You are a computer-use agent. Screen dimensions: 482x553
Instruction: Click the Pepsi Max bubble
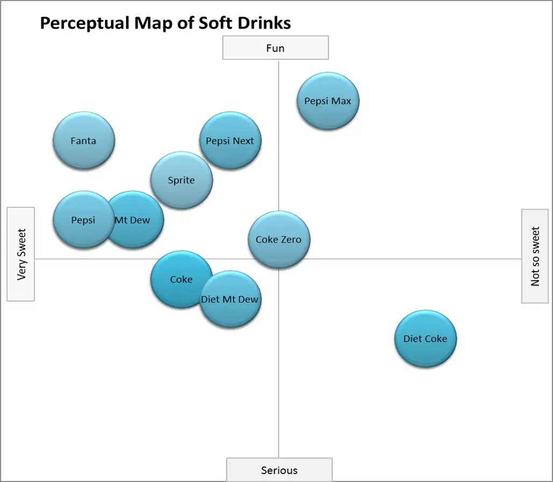click(328, 101)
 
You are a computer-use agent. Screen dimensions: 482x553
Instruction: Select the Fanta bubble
click(83, 141)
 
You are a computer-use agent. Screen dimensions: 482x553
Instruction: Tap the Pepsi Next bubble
click(230, 141)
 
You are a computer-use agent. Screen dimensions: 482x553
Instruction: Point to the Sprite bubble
click(181, 180)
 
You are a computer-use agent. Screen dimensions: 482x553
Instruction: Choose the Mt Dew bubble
click(137, 220)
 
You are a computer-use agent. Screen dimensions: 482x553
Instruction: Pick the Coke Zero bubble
click(279, 239)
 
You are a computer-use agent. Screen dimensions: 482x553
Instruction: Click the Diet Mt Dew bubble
click(230, 300)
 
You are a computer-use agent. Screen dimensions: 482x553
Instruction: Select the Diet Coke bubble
click(425, 339)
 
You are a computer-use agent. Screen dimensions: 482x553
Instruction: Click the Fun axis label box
click(275, 48)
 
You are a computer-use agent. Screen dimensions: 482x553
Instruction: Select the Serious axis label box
click(279, 470)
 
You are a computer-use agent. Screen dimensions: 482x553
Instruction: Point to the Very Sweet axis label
click(21, 254)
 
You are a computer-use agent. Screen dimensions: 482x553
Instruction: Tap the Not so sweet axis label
click(535, 256)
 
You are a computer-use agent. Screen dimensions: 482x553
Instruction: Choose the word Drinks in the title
click(264, 23)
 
